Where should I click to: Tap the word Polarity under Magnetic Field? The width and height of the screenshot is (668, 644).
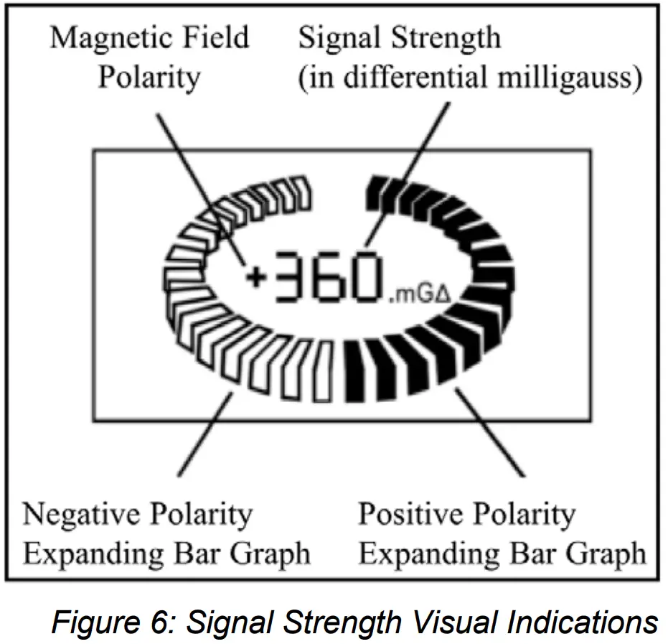[149, 77]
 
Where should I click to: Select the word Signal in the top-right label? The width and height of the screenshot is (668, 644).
[339, 37]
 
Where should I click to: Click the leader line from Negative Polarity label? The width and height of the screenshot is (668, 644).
[204, 435]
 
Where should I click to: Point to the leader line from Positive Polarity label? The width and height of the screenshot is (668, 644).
[489, 431]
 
